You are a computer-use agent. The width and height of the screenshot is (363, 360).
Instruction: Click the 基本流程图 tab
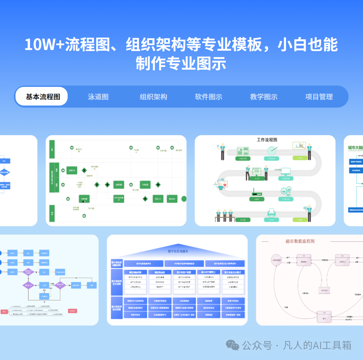43,97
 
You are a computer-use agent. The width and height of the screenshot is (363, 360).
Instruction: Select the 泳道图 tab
98,97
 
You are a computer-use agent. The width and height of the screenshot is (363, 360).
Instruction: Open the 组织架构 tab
154,97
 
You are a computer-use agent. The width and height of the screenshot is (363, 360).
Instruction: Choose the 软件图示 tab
209,97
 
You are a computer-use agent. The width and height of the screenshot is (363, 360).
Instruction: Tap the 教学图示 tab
264,97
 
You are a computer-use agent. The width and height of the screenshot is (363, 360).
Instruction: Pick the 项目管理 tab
319,97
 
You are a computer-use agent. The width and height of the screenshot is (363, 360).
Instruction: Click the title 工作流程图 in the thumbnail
267,140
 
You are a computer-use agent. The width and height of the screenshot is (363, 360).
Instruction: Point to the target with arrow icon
272,151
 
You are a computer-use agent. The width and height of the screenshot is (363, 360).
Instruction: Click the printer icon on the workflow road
272,212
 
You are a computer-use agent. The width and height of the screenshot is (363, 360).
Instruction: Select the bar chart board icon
299,146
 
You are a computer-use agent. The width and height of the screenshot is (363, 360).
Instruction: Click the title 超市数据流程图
300,241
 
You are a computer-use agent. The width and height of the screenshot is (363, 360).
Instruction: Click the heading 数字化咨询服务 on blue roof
178,251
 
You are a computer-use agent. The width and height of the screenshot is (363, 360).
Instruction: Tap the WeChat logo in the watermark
233,345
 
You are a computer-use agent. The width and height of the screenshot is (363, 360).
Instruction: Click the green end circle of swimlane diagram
184,199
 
